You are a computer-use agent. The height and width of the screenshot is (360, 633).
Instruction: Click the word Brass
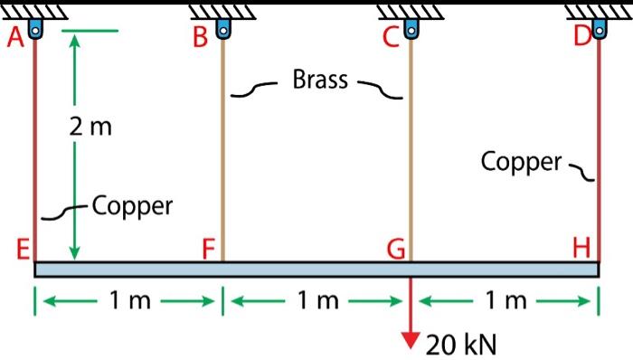(320, 80)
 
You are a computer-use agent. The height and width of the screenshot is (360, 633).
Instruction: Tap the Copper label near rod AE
(132, 206)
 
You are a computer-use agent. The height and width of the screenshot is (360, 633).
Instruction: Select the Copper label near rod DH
(521, 162)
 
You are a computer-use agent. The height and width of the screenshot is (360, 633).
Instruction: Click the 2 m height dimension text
(90, 128)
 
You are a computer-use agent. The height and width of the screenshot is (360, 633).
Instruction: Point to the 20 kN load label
(460, 344)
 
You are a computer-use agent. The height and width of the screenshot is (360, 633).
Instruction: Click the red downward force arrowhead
(411, 340)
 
